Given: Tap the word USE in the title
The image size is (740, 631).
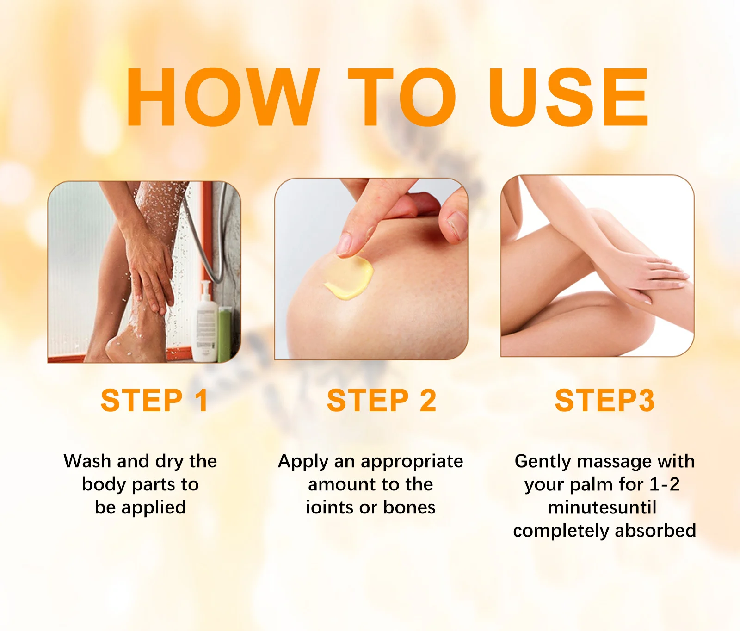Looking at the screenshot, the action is point(568,97).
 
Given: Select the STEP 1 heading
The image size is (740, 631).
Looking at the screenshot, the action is point(154,400).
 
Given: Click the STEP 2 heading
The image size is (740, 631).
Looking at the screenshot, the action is point(382,400).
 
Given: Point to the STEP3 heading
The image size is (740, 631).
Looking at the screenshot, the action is point(604,400).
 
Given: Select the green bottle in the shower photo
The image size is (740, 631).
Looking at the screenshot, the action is point(225,334).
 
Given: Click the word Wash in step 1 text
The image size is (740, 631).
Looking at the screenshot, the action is point(87,461).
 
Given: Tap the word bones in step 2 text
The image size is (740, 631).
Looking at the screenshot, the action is point(409,507).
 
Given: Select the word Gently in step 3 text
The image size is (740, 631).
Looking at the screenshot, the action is point(543,462).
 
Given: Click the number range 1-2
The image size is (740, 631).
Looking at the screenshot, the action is point(665,484).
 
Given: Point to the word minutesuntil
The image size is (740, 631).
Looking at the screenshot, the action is point(602,507).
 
